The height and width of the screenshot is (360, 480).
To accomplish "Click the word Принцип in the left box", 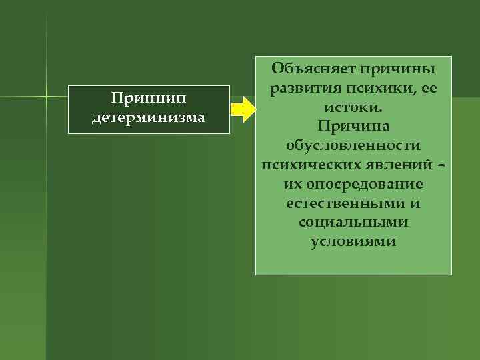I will tap(148, 99).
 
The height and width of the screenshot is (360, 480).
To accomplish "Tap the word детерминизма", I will tap(148, 118).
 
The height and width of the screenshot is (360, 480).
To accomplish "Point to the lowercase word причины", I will tap(398, 69).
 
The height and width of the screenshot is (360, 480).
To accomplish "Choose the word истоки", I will tap(353, 107).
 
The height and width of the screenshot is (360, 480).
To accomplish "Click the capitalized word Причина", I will tap(353, 126).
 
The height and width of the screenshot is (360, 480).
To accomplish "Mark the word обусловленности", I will tap(353, 145).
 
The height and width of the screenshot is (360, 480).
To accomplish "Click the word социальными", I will tap(353, 222).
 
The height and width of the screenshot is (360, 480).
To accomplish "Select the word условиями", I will tap(353, 241).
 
